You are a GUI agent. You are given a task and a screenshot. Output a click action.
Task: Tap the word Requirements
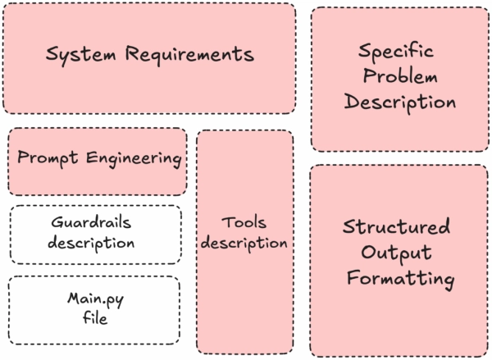coord(189,56)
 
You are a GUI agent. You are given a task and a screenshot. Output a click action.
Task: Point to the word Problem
coord(399,77)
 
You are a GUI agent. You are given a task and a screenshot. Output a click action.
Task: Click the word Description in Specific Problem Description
coord(399,103)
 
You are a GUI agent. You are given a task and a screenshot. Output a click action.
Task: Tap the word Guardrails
coord(91,222)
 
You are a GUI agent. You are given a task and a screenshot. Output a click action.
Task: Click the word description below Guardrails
coord(91,243)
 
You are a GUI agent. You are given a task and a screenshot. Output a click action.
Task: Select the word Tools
coord(244,222)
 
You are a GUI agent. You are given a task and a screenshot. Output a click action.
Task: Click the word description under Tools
coord(244,244)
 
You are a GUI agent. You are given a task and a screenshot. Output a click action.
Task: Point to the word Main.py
coord(94,298)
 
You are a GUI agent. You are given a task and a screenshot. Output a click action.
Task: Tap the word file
coord(94,319)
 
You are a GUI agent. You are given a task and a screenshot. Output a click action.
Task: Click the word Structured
coord(396,227)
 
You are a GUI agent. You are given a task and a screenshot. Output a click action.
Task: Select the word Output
coord(396,252)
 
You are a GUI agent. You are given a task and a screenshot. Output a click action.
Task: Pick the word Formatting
coord(399,279)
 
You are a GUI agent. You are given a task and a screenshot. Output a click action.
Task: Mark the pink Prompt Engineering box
coord(97,180)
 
